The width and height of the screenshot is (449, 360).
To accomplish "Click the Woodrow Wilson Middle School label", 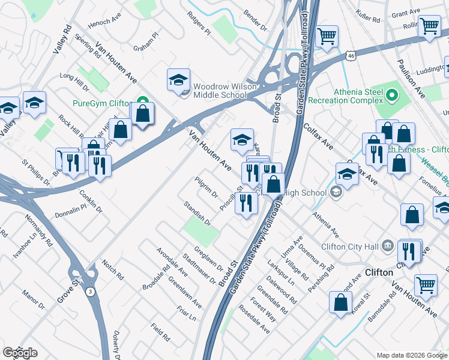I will coord(220,90).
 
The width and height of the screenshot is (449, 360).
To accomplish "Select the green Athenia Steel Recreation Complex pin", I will coord(391,95).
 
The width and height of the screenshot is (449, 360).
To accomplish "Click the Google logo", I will coord(20,353).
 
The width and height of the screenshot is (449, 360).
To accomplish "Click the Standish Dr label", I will coord(197,213).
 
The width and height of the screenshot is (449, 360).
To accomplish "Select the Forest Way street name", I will coord(262,311).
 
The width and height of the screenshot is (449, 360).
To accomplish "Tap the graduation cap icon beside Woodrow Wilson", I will coord(179,80).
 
